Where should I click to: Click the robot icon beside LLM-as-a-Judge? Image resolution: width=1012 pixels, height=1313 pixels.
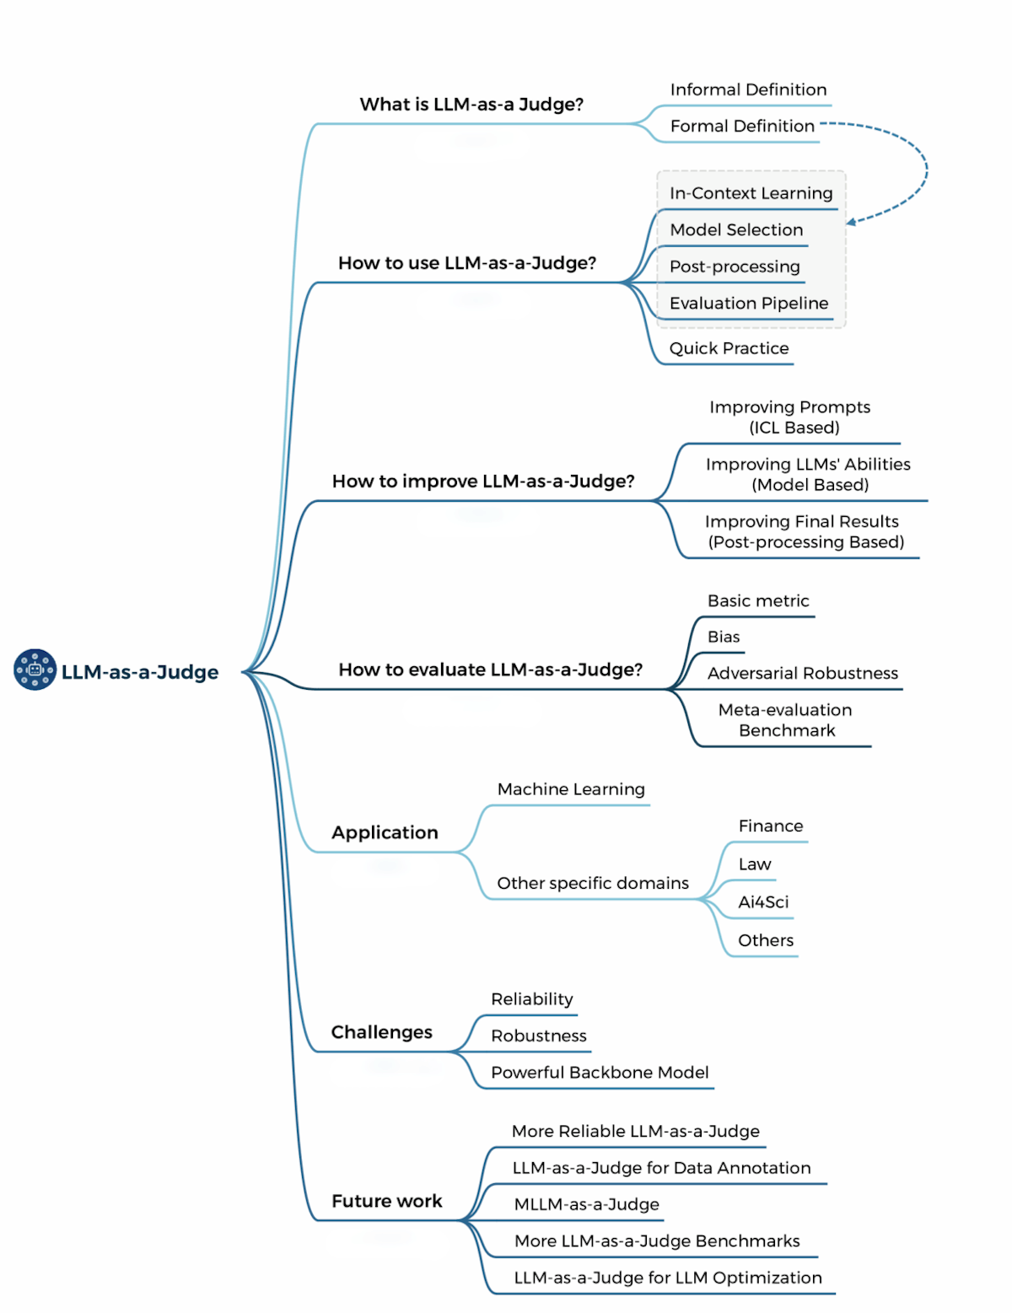(x=35, y=670)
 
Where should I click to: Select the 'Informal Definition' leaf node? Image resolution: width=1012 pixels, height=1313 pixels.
(x=748, y=90)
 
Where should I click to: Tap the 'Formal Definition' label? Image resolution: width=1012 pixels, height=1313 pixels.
(x=742, y=126)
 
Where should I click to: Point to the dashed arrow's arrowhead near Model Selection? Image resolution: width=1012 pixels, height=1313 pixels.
(x=851, y=222)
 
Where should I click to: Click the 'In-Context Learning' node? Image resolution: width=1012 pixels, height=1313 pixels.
(x=751, y=194)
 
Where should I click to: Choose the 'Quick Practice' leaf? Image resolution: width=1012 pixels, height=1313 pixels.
(x=729, y=349)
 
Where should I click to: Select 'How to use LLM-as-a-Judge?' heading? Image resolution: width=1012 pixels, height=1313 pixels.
(x=466, y=263)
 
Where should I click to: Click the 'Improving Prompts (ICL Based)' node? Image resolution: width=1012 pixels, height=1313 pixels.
(x=790, y=417)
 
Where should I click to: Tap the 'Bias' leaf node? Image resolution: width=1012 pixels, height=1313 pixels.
(x=724, y=638)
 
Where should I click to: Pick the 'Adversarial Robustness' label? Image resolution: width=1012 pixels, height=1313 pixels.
(x=802, y=674)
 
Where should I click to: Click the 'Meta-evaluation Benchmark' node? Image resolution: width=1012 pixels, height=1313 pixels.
(x=785, y=720)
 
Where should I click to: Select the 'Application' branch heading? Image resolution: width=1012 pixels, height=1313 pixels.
(x=385, y=833)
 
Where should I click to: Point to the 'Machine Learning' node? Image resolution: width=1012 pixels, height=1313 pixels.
(x=571, y=790)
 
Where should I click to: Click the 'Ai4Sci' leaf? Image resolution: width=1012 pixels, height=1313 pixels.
(x=763, y=902)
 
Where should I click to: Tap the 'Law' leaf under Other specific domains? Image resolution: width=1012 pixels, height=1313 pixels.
(x=755, y=864)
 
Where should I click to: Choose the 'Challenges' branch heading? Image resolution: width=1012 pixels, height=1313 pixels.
(x=381, y=1033)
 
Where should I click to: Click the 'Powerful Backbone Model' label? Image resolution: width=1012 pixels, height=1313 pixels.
(x=600, y=1073)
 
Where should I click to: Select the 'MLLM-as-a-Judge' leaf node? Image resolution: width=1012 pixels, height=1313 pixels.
(x=587, y=1205)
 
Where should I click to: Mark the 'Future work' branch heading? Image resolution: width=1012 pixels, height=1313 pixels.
(x=386, y=1202)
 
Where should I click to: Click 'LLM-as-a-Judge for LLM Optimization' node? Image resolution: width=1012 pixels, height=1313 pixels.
(x=668, y=1278)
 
